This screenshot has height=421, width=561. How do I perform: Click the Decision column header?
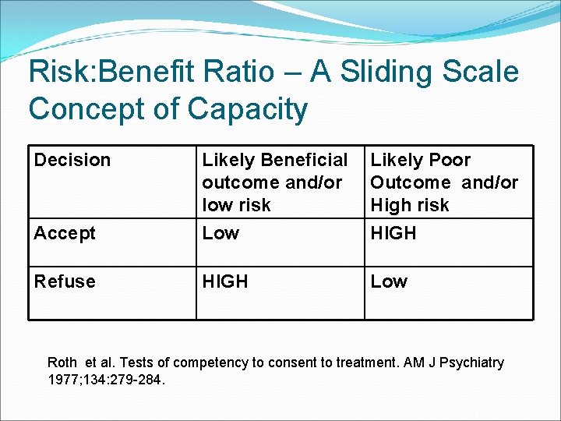[x=72, y=160]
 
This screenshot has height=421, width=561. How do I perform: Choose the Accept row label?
[x=65, y=232]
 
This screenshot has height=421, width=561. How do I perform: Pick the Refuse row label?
[x=65, y=281]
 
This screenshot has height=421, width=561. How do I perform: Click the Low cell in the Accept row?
[x=221, y=232]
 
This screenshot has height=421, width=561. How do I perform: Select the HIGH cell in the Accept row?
[x=393, y=232]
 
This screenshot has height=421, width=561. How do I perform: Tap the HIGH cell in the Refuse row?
[x=225, y=281]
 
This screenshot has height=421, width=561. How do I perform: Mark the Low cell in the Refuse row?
[x=389, y=281]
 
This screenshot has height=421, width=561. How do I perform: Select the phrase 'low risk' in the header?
[x=236, y=205]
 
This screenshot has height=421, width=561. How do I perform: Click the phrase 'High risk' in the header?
[x=410, y=205]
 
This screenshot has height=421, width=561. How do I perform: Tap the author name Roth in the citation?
[x=62, y=363]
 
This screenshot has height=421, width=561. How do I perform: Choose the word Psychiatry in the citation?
[x=471, y=363]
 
